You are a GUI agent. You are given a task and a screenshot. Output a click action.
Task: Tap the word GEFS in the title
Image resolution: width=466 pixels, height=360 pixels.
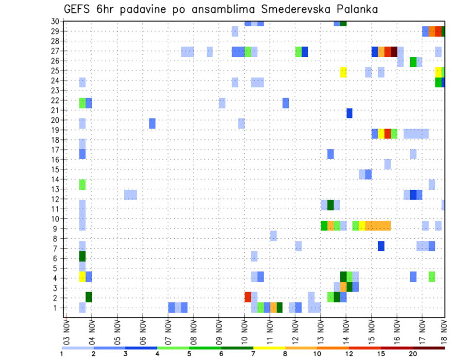click(x=77, y=9)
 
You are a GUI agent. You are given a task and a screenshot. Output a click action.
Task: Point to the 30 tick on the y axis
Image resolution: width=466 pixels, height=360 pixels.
click(x=55, y=21)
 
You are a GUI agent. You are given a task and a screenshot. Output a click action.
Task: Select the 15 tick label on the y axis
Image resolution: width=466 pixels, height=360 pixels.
click(x=55, y=169)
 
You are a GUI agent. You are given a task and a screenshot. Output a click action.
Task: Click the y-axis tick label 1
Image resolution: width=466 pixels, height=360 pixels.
click(x=57, y=308)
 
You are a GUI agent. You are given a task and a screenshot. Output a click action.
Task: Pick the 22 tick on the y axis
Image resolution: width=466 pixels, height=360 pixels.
click(x=55, y=100)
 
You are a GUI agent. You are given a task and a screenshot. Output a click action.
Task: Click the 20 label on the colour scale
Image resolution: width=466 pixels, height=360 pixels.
click(x=413, y=354)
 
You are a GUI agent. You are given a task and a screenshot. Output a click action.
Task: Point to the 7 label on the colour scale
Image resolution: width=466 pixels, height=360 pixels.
click(x=253, y=354)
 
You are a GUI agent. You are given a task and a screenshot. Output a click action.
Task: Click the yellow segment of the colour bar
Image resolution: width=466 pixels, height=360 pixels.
click(x=269, y=348)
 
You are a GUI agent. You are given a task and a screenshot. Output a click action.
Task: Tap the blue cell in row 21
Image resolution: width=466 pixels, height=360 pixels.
click(x=349, y=113)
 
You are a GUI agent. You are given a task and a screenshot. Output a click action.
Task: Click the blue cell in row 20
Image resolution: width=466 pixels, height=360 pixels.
click(x=152, y=123)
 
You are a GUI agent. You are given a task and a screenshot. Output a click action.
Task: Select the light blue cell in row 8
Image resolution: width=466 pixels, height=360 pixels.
click(x=273, y=236)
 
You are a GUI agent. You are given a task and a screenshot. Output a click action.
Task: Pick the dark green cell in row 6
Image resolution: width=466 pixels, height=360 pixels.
click(x=83, y=256)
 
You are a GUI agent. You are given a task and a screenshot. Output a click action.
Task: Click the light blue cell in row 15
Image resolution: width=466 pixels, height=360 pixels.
click(x=387, y=164)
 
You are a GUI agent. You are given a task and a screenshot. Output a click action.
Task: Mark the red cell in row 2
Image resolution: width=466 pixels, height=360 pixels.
click(x=248, y=297)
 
